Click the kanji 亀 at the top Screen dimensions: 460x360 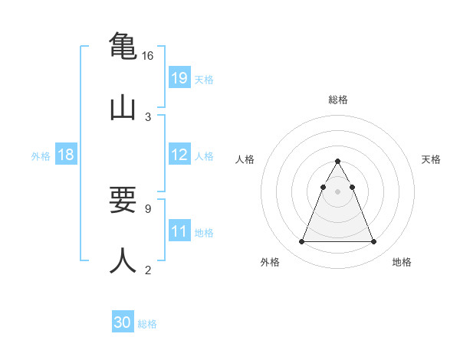click(x=123, y=46)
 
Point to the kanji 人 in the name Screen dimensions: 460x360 click(x=123, y=260)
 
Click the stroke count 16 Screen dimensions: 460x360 click(x=147, y=56)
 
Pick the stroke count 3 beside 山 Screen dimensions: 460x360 click(x=147, y=116)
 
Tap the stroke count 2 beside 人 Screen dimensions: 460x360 click(x=147, y=269)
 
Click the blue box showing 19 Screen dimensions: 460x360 click(x=179, y=78)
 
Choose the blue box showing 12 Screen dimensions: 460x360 click(x=179, y=155)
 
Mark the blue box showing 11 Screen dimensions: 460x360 click(x=179, y=231)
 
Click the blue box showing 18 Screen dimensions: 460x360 click(x=66, y=155)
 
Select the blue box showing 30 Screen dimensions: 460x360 click(x=123, y=323)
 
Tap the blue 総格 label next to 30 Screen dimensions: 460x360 click(x=147, y=324)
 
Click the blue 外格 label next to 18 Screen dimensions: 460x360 click(x=41, y=156)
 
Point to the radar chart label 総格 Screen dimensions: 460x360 click(x=338, y=100)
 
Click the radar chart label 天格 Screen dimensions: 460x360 click(x=431, y=159)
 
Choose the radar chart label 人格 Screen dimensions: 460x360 click(x=245, y=159)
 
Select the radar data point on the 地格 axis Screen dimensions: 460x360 click(x=373, y=242)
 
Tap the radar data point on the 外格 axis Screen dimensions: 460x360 click(x=301, y=242)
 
